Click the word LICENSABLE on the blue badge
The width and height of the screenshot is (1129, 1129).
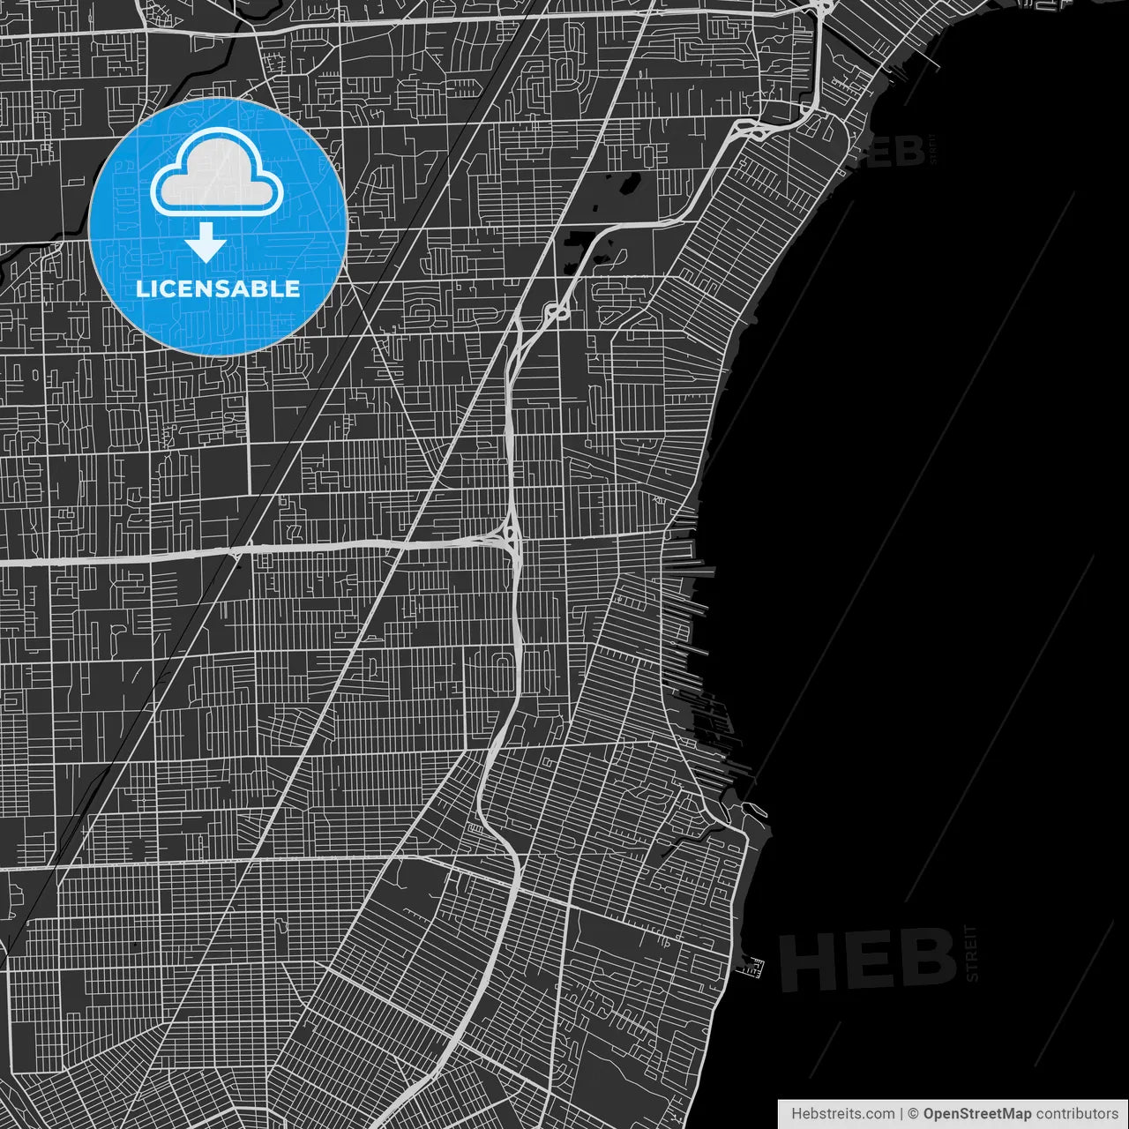pyautogui.click(x=218, y=288)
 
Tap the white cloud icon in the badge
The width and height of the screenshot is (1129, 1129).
pyautogui.click(x=217, y=174)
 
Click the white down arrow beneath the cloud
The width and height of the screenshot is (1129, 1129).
pyautogui.click(x=206, y=243)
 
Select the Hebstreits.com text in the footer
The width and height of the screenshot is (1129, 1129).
pyautogui.click(x=842, y=1113)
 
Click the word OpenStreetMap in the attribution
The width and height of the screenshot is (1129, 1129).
pyautogui.click(x=976, y=1113)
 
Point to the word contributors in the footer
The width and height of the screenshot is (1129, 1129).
pyautogui.click(x=1076, y=1113)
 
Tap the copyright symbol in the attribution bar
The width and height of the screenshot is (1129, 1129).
pyautogui.click(x=913, y=1113)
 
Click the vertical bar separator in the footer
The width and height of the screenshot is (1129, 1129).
pyautogui.click(x=901, y=1113)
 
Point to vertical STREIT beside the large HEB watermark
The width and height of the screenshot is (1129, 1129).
pyautogui.click(x=972, y=953)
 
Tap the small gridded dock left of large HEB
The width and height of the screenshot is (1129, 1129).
pyautogui.click(x=750, y=968)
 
